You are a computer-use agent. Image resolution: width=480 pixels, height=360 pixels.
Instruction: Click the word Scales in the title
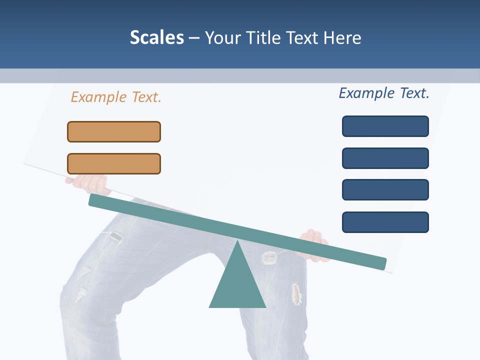(x=156, y=37)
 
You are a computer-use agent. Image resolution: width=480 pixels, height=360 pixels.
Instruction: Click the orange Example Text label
(x=116, y=97)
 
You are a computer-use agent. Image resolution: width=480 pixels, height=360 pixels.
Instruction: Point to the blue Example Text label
(x=384, y=93)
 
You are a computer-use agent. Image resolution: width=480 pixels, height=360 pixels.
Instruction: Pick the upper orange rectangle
(x=114, y=131)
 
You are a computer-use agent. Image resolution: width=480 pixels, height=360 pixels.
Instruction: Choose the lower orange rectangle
(x=114, y=163)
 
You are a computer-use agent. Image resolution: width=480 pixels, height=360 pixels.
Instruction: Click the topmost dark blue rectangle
(x=385, y=126)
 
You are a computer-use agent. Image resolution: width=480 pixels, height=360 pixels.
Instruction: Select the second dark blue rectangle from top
(x=385, y=158)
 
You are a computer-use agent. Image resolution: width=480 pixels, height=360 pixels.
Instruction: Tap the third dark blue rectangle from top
(x=385, y=189)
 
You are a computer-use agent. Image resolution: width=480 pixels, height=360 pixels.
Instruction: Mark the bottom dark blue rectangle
(x=385, y=222)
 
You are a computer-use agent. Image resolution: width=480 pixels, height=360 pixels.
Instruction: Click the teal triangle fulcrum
(x=237, y=285)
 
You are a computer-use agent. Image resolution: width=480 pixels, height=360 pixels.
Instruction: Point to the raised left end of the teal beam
(x=95, y=200)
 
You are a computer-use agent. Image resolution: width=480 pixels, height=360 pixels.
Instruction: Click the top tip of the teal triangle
(x=237, y=242)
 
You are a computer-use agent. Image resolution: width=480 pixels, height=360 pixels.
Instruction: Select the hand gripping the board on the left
(x=90, y=184)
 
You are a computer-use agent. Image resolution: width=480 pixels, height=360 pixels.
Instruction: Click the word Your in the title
(x=222, y=37)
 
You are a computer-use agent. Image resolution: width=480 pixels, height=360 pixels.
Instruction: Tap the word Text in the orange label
(x=146, y=97)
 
